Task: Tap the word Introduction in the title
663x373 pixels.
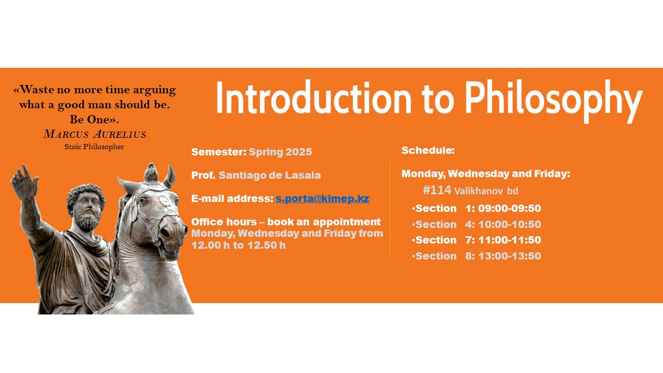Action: (x=314, y=96)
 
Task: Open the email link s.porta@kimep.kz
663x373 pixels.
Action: (x=322, y=198)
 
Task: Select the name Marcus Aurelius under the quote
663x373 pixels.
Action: (x=95, y=134)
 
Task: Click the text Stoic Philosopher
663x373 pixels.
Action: (x=94, y=147)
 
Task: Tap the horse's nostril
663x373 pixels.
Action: (x=166, y=233)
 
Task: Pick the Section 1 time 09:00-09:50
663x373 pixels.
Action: (x=509, y=208)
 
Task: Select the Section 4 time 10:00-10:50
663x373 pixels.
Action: (x=509, y=224)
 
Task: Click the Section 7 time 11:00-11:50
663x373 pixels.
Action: (x=509, y=240)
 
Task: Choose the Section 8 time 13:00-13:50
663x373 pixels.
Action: (x=509, y=256)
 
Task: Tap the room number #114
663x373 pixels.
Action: (x=437, y=190)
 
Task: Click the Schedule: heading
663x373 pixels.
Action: (x=428, y=150)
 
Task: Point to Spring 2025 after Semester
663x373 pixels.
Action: (x=280, y=152)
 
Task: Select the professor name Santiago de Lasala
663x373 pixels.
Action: (x=270, y=175)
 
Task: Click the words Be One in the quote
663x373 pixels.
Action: (x=90, y=120)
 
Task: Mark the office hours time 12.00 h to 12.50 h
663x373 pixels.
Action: (x=238, y=245)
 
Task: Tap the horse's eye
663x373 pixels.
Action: (x=143, y=201)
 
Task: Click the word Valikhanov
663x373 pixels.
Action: (x=478, y=191)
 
